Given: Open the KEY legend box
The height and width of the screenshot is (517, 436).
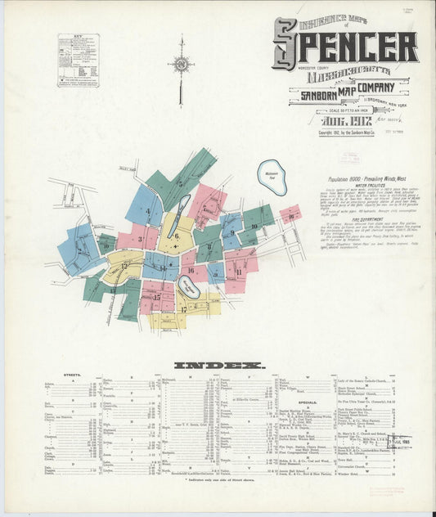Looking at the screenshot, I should (x=78, y=61).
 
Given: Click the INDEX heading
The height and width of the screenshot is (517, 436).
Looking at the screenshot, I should (x=218, y=365).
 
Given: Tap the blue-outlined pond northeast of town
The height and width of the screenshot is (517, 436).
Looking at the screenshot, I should (x=272, y=177).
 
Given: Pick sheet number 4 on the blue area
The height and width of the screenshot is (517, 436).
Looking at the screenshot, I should (x=148, y=212).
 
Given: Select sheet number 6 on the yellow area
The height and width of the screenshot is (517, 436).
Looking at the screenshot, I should (x=175, y=236).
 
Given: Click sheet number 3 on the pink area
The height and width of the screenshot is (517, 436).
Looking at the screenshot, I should (x=141, y=240).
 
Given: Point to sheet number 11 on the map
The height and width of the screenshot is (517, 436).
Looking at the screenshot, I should (x=238, y=271).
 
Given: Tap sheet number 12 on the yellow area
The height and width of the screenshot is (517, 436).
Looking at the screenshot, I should (x=124, y=266).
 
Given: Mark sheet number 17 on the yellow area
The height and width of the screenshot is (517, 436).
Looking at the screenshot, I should (x=184, y=309).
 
